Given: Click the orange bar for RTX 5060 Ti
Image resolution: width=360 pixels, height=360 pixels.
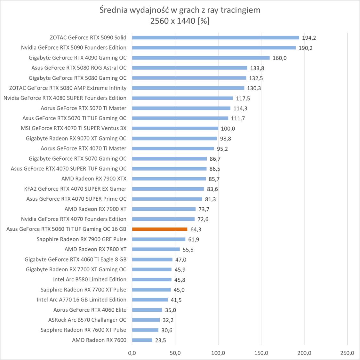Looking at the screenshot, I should [159, 229].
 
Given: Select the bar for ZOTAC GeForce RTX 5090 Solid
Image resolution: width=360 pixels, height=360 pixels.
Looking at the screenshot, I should [215, 37].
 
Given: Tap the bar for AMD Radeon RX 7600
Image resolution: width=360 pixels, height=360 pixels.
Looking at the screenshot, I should [142, 340].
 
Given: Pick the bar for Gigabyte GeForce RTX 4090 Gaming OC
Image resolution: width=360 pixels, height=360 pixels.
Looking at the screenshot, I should [201, 58].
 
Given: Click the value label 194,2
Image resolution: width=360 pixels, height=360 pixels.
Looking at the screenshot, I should [309, 38].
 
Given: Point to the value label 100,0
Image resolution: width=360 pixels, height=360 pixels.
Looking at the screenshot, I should [228, 129].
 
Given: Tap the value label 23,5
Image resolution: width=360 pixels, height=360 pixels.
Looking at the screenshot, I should [160, 340].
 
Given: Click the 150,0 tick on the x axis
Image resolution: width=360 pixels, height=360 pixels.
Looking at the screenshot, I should [261, 353].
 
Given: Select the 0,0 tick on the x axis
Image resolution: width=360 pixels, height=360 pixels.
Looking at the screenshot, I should [132, 353].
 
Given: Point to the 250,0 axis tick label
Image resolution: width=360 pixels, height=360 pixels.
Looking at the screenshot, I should [347, 353].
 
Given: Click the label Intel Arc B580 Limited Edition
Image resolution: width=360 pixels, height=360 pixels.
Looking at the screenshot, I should [90, 279].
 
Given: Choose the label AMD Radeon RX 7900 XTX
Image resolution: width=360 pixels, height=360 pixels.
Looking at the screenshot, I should [94, 179].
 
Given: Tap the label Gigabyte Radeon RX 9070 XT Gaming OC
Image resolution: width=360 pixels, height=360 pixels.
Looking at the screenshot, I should [76, 138].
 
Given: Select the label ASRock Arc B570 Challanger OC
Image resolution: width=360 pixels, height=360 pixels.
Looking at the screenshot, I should [87, 320].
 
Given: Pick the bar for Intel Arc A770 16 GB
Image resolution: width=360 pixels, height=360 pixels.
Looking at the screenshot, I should [150, 300].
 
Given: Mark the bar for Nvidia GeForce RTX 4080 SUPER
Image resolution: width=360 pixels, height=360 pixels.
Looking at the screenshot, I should [182, 98].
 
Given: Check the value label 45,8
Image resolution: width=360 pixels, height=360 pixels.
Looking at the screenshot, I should [180, 280].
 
